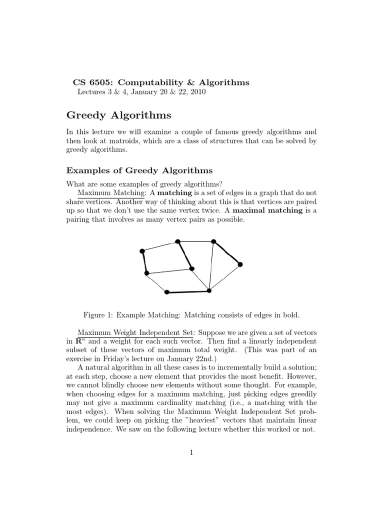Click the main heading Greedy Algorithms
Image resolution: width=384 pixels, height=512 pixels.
tap(118, 115)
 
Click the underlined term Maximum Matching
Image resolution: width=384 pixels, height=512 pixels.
tap(110, 192)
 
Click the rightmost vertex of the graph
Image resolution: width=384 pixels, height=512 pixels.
tap(240, 264)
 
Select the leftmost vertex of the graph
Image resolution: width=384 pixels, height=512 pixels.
tap(142, 251)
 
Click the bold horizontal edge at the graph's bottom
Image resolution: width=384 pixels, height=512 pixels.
tap(187, 291)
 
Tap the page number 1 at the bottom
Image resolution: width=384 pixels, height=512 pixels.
tap(191, 453)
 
